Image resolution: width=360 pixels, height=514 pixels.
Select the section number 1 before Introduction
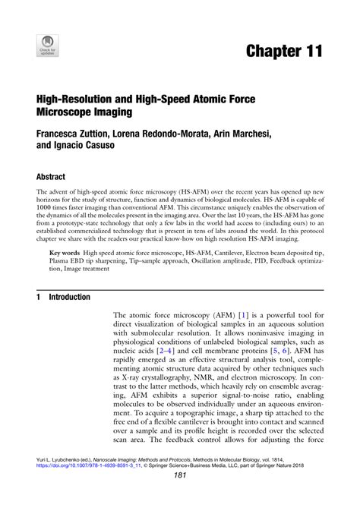click(38, 297)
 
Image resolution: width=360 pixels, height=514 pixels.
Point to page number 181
click(180, 497)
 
